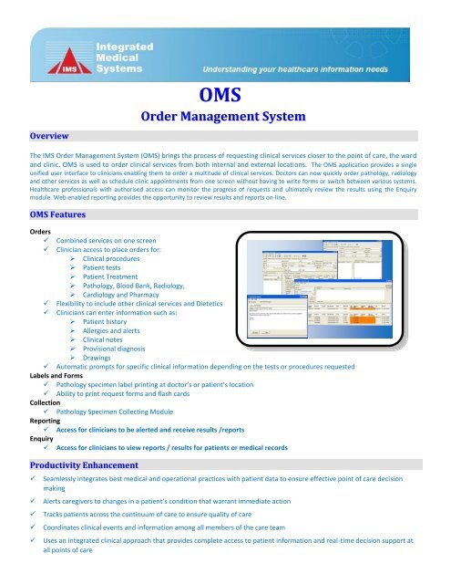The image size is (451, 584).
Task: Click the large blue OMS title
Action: (x=225, y=94)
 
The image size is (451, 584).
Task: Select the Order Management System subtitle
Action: (x=225, y=117)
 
